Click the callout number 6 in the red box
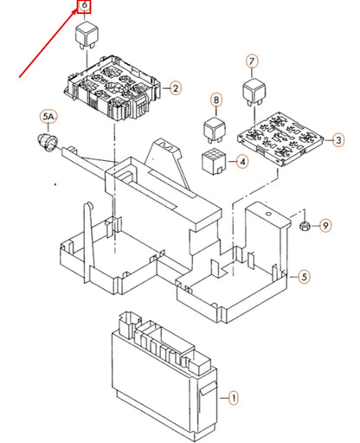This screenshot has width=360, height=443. click(84, 8)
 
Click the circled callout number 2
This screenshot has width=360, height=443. click(174, 88)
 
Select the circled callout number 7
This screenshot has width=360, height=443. click(252, 61)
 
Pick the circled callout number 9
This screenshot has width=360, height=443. click(325, 226)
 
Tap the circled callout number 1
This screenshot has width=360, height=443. click(232, 397)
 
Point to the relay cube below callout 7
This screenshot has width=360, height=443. click(253, 90)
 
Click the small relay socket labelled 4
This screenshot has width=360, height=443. click(213, 160)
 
